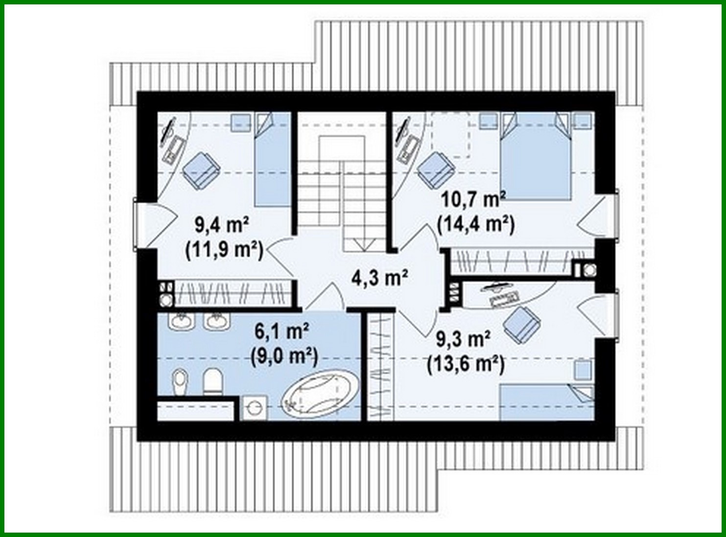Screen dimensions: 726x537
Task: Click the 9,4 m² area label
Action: coord(222,225)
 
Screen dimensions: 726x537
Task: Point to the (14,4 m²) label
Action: coord(476,224)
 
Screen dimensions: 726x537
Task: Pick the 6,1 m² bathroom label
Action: coord(282,331)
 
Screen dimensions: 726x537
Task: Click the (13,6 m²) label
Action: coord(466,364)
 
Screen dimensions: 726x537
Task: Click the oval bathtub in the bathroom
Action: coord(320,393)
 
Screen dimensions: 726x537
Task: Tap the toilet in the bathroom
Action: coord(212,381)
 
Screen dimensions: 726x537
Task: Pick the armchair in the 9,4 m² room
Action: coord(201,170)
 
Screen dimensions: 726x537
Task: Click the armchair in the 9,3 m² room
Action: coord(521,325)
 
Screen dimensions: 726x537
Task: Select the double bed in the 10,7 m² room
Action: coord(535,157)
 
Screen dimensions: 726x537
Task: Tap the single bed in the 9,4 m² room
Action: coord(273,159)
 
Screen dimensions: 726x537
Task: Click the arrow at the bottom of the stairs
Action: coord(364,245)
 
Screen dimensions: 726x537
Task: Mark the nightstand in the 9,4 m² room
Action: coord(241,123)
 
